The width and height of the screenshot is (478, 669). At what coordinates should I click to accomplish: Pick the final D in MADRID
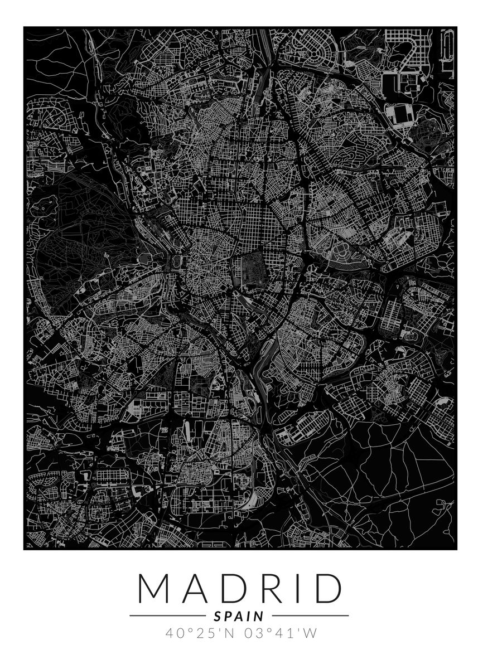click(327, 588)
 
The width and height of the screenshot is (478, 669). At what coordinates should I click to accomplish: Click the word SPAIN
click(239, 616)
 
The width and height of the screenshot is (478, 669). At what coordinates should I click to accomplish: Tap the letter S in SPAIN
click(218, 616)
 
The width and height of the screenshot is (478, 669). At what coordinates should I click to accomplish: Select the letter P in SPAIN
click(228, 616)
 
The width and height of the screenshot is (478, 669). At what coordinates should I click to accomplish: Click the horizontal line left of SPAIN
click(167, 616)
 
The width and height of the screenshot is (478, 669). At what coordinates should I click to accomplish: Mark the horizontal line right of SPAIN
click(310, 616)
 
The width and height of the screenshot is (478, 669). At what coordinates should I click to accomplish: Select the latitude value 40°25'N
click(199, 633)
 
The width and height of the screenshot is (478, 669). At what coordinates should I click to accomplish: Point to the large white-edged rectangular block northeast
click(402, 116)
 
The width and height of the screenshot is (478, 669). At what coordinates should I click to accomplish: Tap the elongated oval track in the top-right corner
click(446, 50)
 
